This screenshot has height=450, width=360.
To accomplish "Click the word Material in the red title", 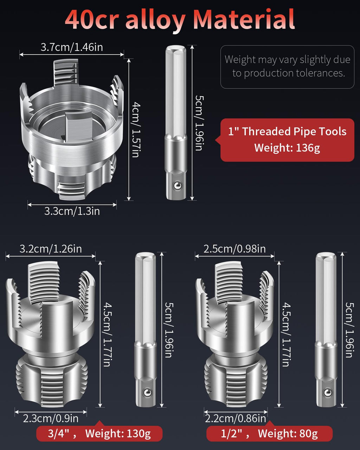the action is [244, 19].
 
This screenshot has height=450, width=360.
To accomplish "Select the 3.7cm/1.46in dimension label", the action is [72, 47].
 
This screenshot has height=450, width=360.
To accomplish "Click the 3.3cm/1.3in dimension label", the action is [72, 211].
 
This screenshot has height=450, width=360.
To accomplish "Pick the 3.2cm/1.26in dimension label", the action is [51, 249].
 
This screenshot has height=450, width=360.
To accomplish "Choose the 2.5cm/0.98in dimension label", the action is [234, 249].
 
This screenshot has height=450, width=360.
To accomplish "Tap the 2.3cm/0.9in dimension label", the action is [51, 418].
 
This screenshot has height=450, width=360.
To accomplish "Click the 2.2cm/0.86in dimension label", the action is [235, 418].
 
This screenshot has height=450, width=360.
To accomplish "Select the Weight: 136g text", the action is [287, 148].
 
